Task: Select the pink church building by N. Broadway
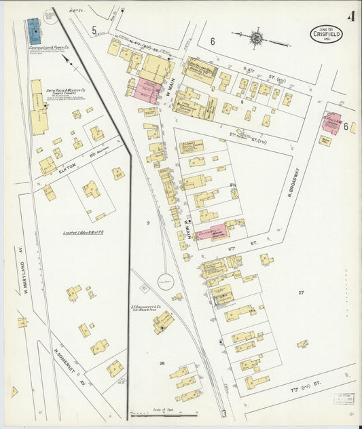coord(331,123)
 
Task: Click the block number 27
coord(302,292)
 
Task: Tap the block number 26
coord(162,363)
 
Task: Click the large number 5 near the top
coord(95,29)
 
